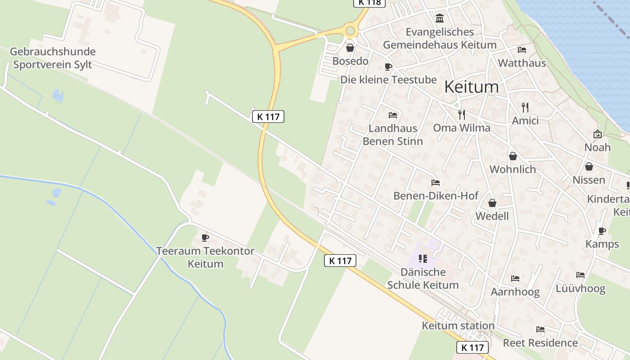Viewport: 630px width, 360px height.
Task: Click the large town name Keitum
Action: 471,87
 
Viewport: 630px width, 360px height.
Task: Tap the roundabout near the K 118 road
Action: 350,31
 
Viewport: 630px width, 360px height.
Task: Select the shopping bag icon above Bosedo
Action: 350,47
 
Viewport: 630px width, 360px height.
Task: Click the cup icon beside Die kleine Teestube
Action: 388,67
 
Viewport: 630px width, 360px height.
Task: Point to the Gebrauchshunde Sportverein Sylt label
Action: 53,58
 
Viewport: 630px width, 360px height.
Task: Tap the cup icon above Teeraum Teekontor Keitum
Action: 205,237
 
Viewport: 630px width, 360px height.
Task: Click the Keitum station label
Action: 458,325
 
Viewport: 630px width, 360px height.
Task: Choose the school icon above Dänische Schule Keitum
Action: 423,258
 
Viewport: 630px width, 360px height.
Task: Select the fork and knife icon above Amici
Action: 525,107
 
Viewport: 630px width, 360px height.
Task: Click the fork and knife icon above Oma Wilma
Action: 461,114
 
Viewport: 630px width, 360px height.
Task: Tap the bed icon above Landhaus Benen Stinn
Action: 393,115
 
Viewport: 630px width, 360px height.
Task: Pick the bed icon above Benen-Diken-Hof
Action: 435,183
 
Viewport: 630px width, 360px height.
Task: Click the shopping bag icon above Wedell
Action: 492,203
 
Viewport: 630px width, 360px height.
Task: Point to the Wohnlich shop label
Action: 513,169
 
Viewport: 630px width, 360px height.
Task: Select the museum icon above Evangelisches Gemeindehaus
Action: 440,18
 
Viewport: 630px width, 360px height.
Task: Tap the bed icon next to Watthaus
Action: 522,49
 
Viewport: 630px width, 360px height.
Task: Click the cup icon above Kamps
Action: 602,231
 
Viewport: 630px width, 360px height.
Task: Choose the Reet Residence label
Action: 540,343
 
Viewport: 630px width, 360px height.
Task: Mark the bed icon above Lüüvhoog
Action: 580,275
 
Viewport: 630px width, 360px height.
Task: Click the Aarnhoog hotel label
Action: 515,292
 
